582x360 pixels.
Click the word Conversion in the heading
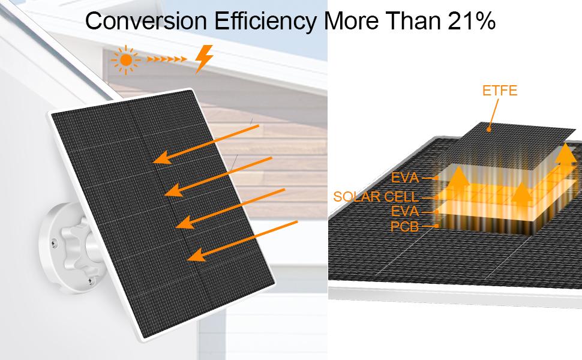[146, 21]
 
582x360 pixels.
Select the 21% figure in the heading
[472, 21]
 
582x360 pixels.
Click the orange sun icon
[126, 60]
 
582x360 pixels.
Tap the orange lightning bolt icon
[204, 59]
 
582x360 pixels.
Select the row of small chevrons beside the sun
[166, 59]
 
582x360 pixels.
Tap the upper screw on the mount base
[55, 242]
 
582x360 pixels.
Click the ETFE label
[500, 91]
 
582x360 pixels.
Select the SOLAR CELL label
[376, 197]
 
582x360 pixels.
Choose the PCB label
[404, 226]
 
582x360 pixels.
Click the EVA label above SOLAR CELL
[405, 178]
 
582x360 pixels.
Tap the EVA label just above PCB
[405, 211]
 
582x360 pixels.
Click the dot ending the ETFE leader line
[489, 130]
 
